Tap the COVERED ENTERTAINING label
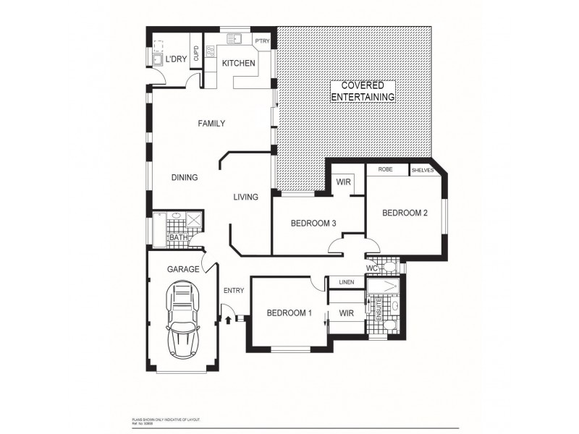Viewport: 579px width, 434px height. point(363,91)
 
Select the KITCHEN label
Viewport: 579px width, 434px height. point(238,64)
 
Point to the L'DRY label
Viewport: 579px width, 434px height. point(177,60)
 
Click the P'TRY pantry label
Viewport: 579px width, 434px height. point(261,41)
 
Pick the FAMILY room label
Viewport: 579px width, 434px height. point(211,124)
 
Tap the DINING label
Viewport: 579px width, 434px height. point(185,177)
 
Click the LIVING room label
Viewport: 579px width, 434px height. point(245,197)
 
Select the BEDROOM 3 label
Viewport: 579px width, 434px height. point(313,224)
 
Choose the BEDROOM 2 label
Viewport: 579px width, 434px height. point(405,213)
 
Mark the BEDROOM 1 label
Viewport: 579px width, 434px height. point(289,313)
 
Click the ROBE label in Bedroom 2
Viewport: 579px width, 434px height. point(385,170)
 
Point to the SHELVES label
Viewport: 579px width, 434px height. point(422,171)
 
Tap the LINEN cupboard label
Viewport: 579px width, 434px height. point(346,282)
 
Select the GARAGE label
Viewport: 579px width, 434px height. point(183,268)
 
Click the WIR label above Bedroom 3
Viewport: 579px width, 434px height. point(344,182)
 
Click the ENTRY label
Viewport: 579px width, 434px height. point(233,291)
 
